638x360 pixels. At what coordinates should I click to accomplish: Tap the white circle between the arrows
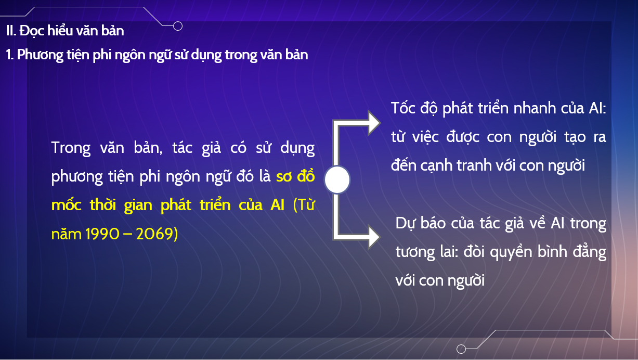tap(337, 179)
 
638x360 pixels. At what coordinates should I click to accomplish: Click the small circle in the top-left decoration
tap(178, 26)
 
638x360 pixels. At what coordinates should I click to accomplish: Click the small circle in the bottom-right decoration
tap(461, 349)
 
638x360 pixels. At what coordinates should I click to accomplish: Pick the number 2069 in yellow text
tap(154, 234)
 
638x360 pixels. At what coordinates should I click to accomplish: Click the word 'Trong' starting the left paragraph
tap(71, 148)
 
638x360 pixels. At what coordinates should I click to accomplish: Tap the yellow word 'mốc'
tap(67, 205)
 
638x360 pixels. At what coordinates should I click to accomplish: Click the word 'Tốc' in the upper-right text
tap(403, 108)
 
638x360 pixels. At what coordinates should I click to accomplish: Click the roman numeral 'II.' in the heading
tap(11, 31)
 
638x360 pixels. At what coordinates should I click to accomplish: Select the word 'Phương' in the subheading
tap(40, 55)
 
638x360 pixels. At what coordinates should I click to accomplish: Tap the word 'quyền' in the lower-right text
tap(511, 252)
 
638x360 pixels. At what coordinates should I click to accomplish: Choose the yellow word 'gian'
tap(138, 205)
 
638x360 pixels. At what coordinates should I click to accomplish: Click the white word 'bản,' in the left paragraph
tap(148, 148)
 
